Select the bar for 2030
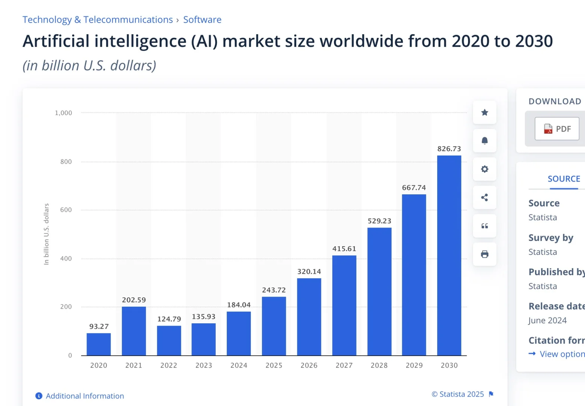(449, 255)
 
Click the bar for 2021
(134, 331)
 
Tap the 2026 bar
(309, 317)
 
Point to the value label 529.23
(379, 221)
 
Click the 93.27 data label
(99, 326)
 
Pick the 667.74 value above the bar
(414, 188)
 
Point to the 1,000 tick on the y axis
(63, 113)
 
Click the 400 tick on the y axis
(66, 259)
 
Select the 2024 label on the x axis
(239, 365)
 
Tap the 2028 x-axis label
(379, 365)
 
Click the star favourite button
(485, 112)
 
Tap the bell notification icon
(485, 141)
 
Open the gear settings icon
(485, 169)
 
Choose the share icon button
(485, 197)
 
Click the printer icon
(485, 254)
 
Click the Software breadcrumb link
(202, 20)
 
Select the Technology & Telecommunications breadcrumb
(98, 20)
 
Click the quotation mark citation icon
(485, 226)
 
